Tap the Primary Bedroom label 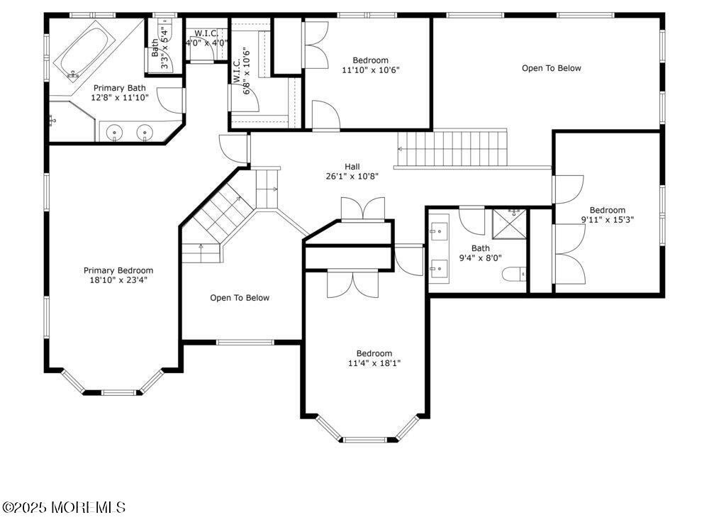point(118,270)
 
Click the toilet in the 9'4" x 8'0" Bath point(513,274)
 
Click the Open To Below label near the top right point(551,68)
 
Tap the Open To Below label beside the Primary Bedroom point(240,298)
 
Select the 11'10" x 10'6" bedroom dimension point(371,70)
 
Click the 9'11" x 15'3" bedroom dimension point(607,220)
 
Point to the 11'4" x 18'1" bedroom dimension point(374,364)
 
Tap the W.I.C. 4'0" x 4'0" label point(206,43)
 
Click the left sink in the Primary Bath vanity point(115,132)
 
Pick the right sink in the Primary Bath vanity point(145,132)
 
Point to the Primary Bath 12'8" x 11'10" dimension point(120,97)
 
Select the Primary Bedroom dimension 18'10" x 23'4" point(118,279)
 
